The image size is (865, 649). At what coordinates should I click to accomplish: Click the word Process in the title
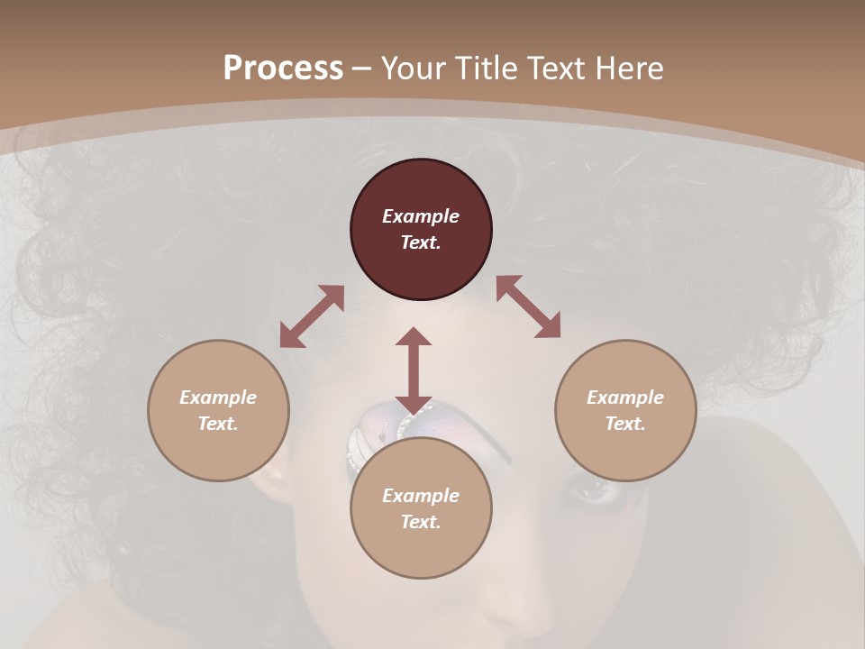point(283,69)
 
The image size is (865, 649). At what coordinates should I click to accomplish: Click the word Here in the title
point(628,69)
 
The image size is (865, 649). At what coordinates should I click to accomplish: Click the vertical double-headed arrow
point(414,370)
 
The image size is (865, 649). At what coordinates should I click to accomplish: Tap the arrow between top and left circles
point(312,316)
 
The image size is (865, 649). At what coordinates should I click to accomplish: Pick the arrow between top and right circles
point(529,306)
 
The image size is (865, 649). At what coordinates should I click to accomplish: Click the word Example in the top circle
point(421,216)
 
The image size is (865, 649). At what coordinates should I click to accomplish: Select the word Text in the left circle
point(218,424)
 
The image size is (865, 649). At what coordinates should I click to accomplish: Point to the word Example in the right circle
point(625,398)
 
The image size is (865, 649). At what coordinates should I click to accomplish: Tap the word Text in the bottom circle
point(421,522)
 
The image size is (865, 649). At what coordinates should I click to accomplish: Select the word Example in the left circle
point(218,398)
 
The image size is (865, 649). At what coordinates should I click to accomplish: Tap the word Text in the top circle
point(421,242)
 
